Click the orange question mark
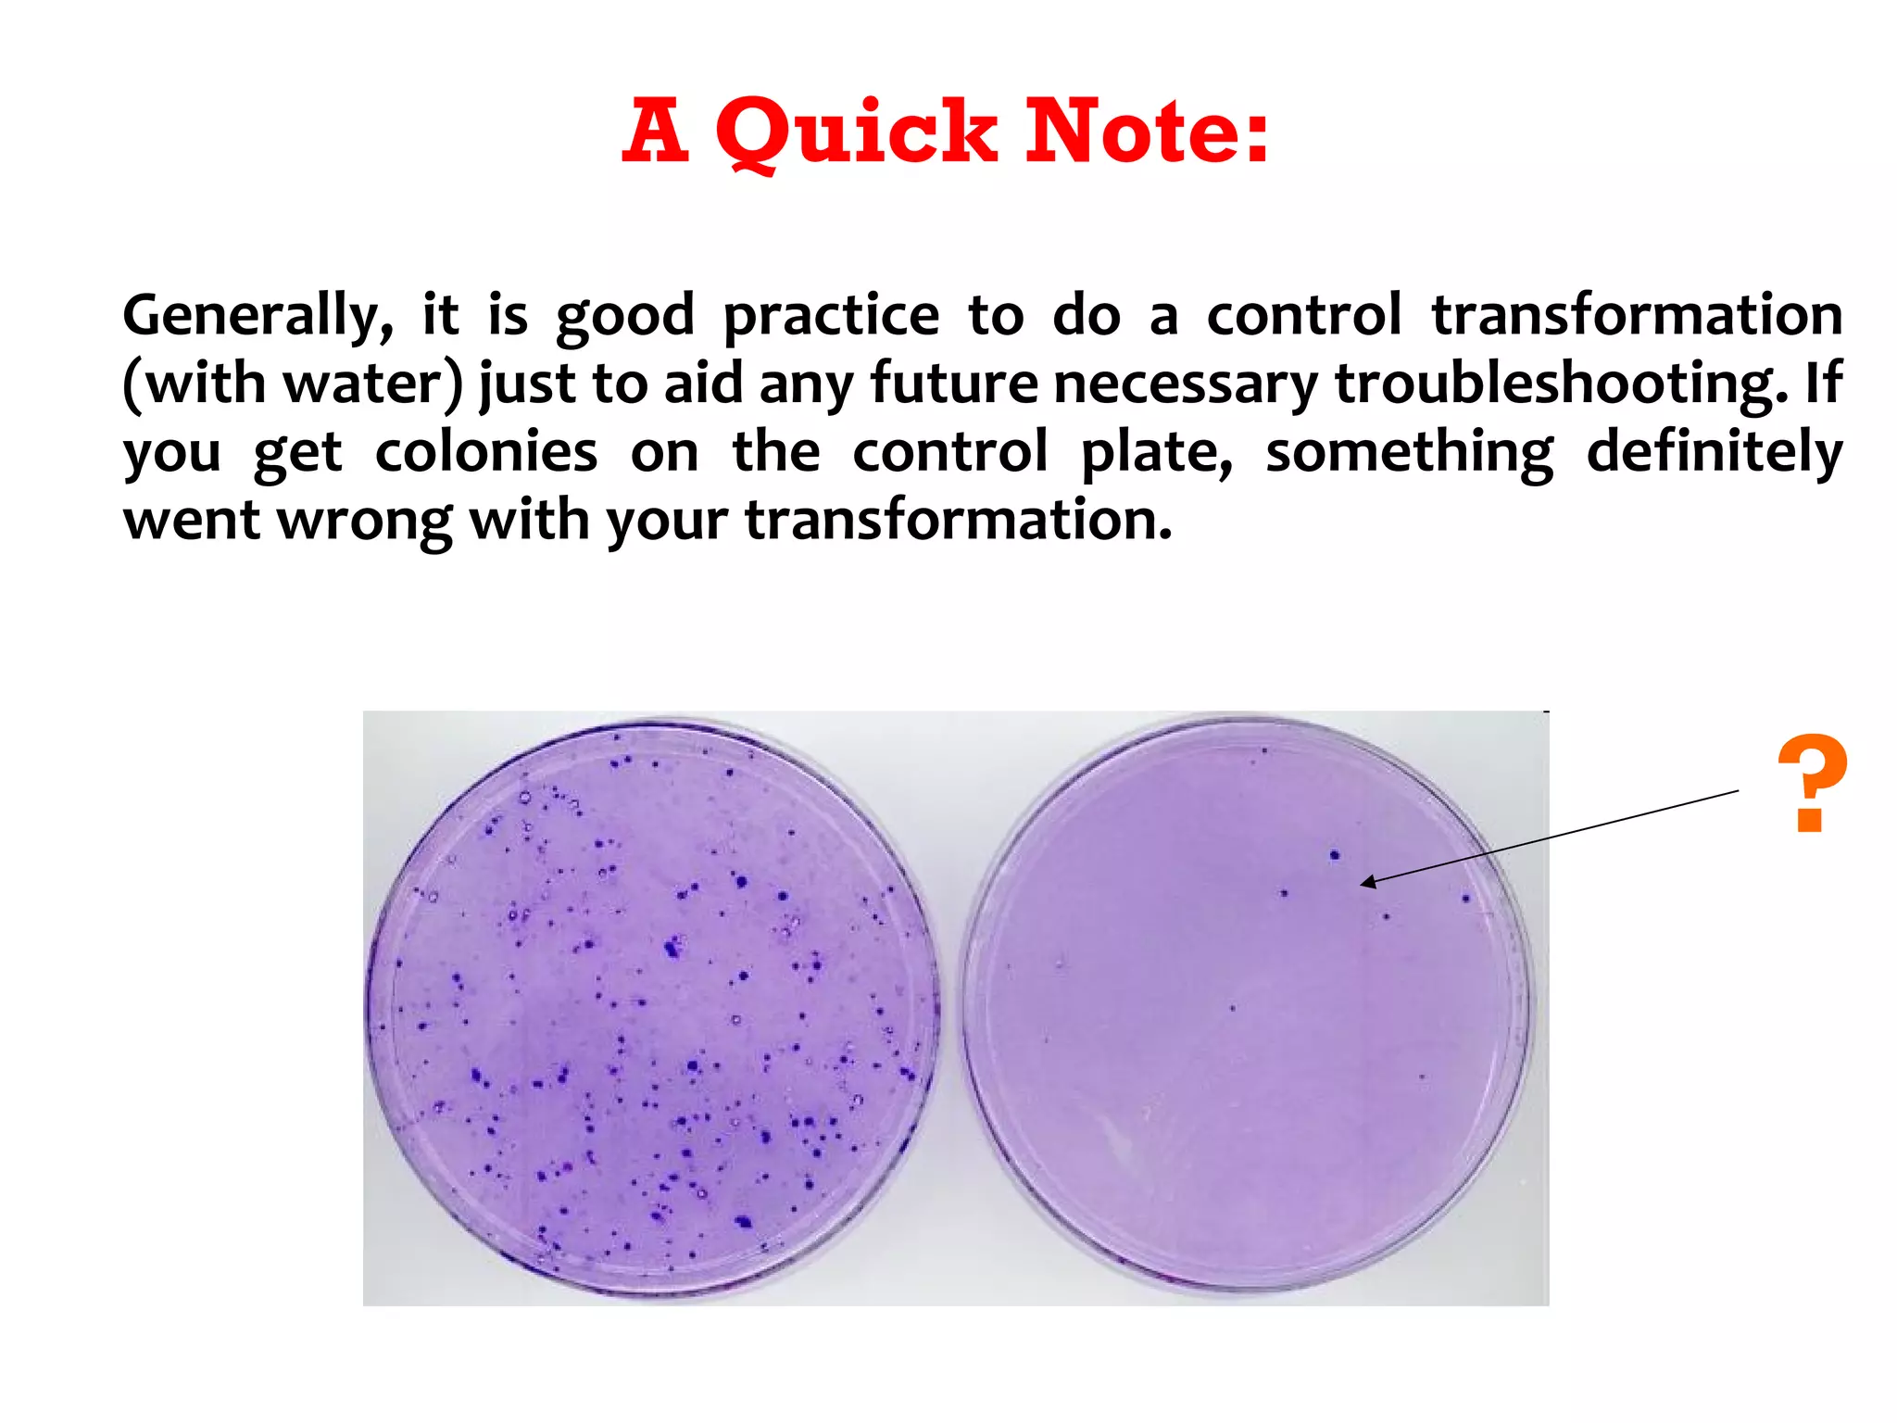(1812, 783)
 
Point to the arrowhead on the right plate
(1367, 883)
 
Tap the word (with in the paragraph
(195, 384)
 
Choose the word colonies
(486, 453)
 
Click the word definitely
(1714, 453)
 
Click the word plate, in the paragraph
(1157, 453)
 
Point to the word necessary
(1187, 384)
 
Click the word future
(954, 384)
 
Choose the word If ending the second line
(1823, 384)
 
